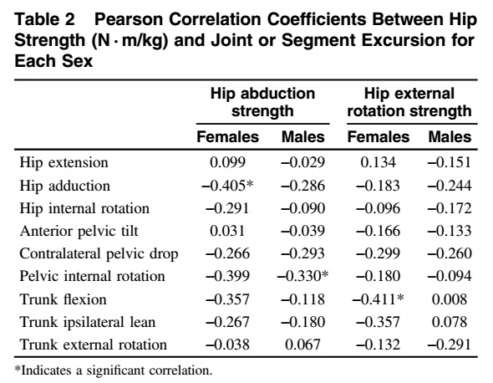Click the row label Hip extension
[64, 163]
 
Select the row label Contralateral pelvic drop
[99, 254]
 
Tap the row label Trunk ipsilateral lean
[88, 322]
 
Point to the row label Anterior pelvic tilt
[79, 232]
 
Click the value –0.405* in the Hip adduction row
[227, 186]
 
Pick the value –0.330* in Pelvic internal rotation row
[302, 276]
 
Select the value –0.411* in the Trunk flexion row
[378, 299]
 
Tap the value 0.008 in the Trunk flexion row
[450, 299]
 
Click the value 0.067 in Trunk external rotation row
[302, 345]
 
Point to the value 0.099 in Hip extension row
[227, 162]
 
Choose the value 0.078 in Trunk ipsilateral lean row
[450, 322]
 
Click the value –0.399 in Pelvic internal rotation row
[227, 276]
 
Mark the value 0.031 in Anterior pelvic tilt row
[227, 231]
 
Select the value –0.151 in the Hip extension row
[450, 162]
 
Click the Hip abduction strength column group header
[262, 102]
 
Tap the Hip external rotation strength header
[409, 102]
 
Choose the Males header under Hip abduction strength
[302, 137]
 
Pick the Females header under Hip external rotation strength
[379, 137]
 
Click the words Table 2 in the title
[44, 19]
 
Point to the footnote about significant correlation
[114, 370]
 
